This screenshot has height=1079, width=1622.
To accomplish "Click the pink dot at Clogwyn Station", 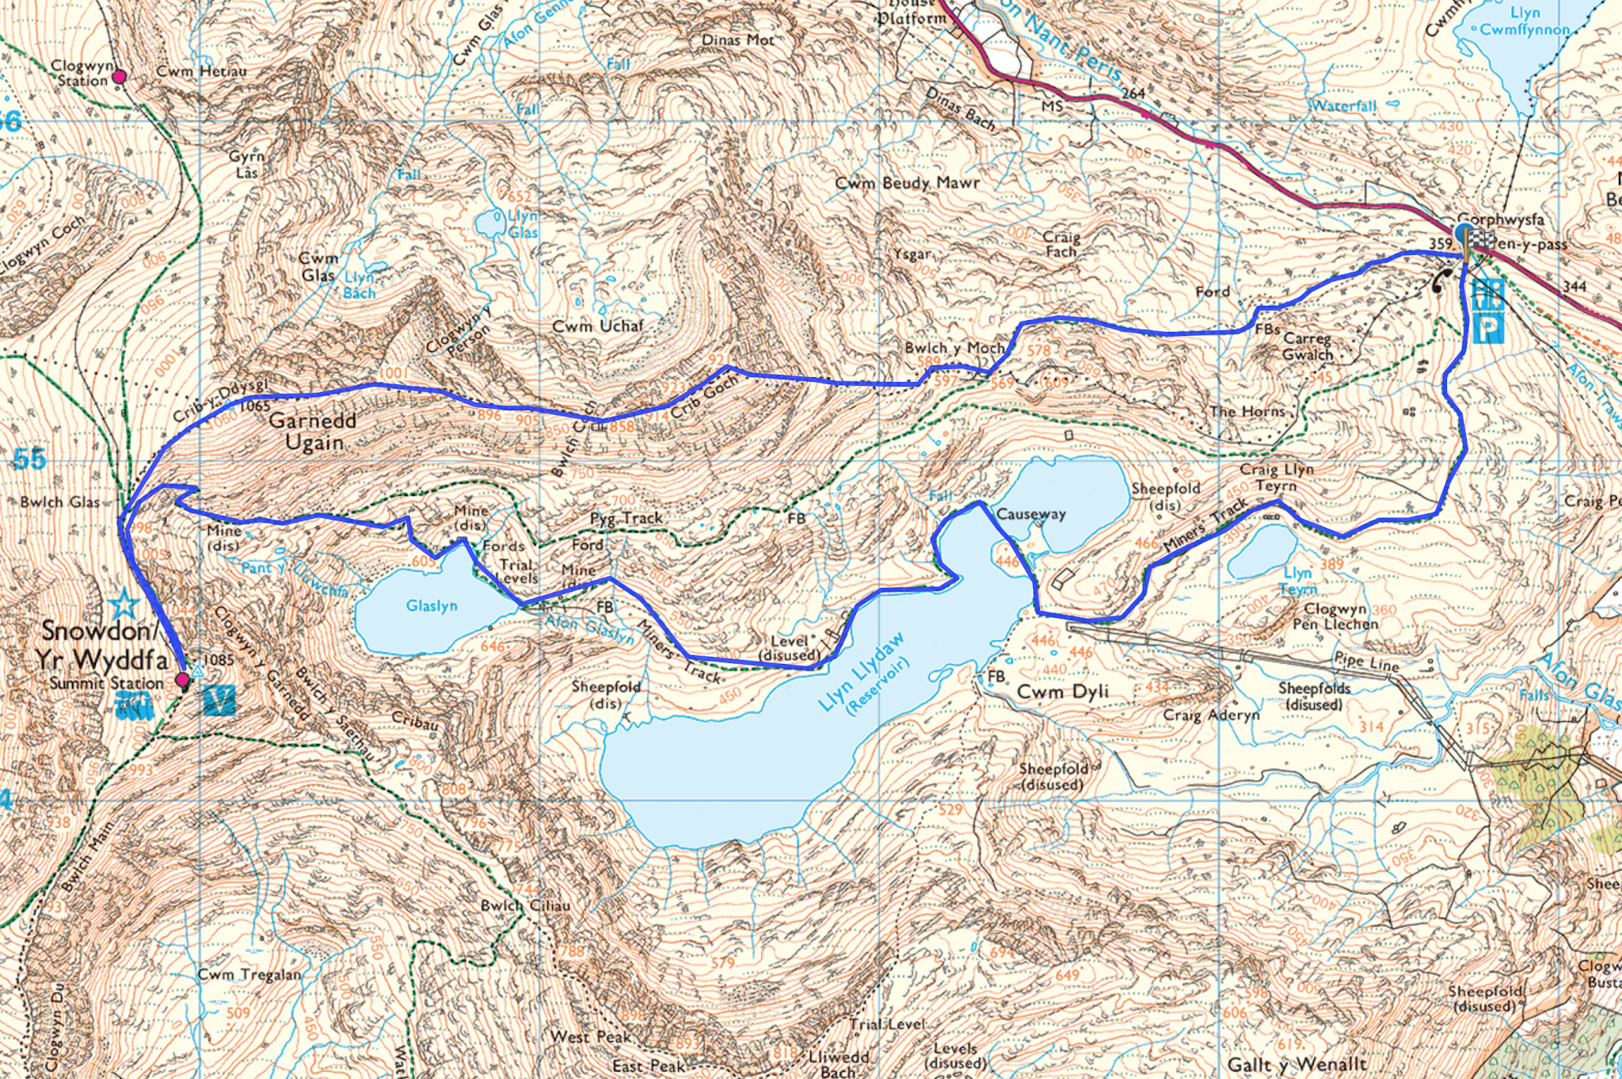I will click(x=120, y=77).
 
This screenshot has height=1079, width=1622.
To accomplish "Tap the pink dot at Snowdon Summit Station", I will click(x=182, y=680).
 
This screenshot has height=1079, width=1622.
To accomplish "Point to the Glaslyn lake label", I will click(x=432, y=606).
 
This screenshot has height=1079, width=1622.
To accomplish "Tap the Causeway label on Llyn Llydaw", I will click(x=1030, y=514).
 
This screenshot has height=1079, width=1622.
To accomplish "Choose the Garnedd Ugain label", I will click(x=313, y=432).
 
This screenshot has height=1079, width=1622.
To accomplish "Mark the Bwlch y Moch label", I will click(x=954, y=348).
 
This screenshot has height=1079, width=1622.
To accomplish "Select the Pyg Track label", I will click(x=626, y=518).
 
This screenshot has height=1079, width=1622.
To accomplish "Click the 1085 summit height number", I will click(x=219, y=659).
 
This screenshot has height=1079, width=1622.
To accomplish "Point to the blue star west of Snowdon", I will click(x=124, y=605).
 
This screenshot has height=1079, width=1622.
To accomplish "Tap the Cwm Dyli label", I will click(x=1062, y=692).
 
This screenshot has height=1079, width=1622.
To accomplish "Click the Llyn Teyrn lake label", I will click(x=1298, y=581).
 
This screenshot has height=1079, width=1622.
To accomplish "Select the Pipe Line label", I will click(x=1367, y=662).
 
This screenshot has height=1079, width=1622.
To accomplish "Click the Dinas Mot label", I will click(x=737, y=40).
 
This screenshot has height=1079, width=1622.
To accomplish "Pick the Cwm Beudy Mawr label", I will click(x=908, y=183).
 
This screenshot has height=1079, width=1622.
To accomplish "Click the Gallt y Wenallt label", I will click(x=1296, y=1064).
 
